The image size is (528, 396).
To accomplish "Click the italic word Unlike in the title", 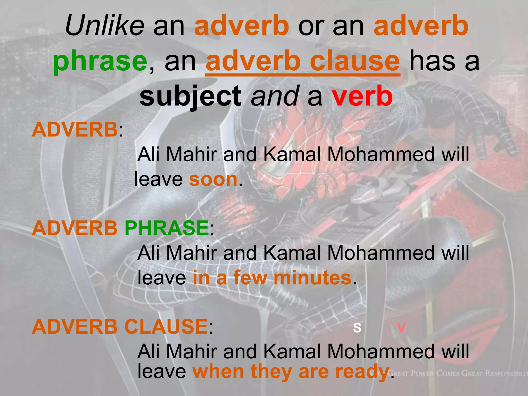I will (x=105, y=26).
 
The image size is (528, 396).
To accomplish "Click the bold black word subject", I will (x=190, y=96).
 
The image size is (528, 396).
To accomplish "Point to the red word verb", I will (x=362, y=96).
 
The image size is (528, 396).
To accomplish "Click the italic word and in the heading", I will (x=275, y=96).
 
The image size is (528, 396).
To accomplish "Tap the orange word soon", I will (x=213, y=179).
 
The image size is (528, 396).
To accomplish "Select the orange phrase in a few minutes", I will (x=272, y=278).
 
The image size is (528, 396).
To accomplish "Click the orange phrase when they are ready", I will (x=291, y=372).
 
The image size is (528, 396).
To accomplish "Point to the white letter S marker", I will (x=357, y=327).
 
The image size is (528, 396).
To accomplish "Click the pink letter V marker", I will (x=401, y=327).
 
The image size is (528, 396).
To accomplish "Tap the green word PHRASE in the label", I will (x=167, y=228).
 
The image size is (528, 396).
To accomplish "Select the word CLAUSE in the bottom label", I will (x=166, y=327).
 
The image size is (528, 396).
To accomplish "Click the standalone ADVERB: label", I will (x=77, y=130).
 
